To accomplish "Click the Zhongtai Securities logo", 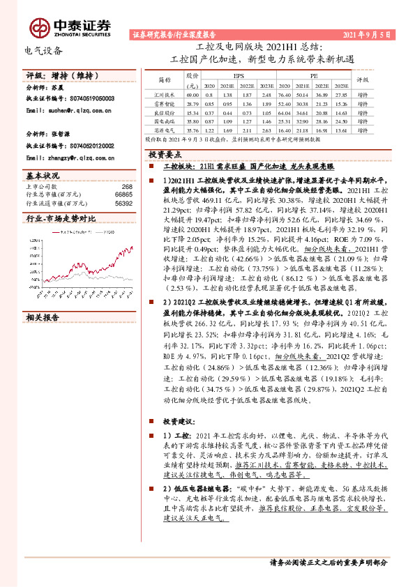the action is point(69,26).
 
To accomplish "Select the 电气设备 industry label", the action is point(44,51).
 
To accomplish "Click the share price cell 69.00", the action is point(193,94).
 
